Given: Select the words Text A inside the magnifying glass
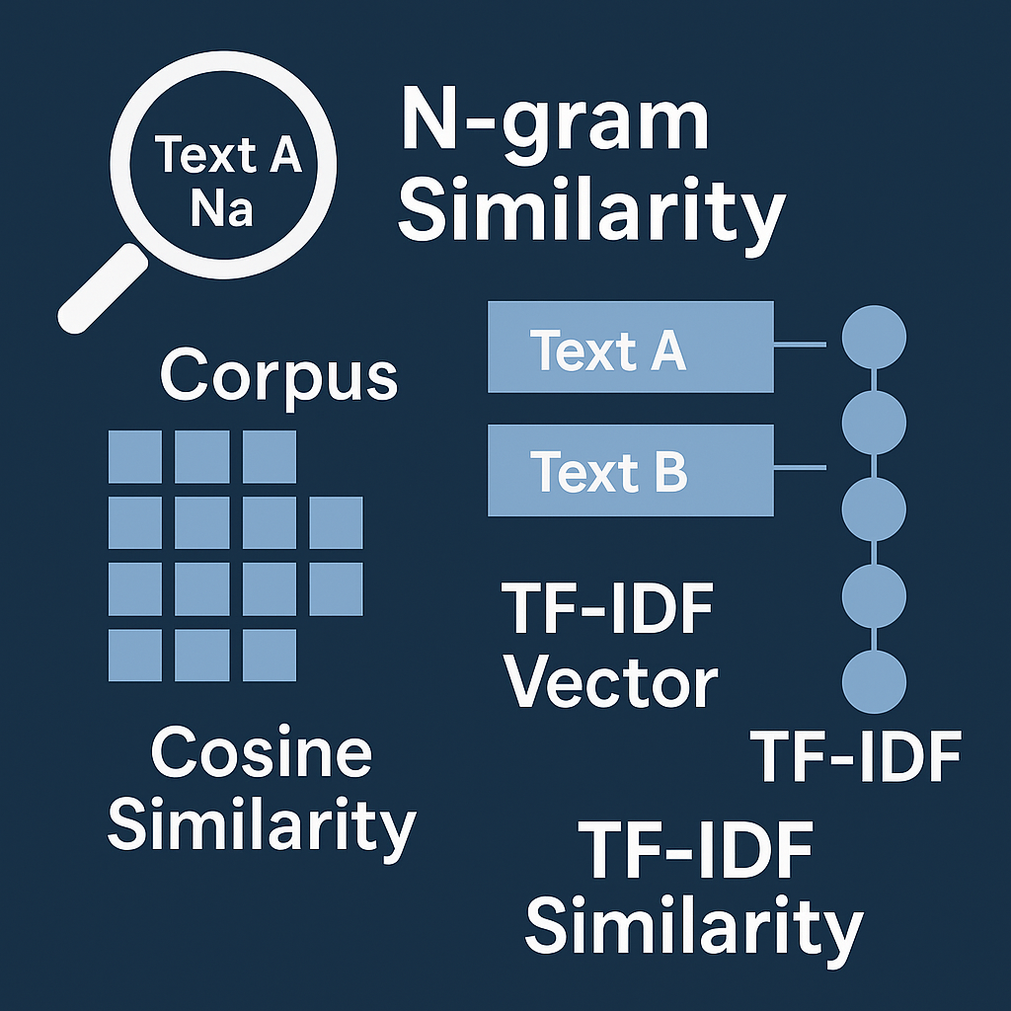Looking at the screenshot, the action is tap(228, 156).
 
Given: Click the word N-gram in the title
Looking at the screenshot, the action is tap(555, 121).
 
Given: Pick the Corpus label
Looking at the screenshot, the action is tap(278, 376).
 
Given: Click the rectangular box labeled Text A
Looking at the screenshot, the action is tap(630, 346).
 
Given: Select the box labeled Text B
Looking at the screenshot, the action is tap(630, 470).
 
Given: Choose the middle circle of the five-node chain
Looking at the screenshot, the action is tap(874, 509).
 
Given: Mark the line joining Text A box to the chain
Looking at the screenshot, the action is tap(799, 345).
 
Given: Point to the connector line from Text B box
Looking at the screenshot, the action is tap(799, 467).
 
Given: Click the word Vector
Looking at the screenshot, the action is tap(612, 681).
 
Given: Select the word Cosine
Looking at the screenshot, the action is tap(262, 754).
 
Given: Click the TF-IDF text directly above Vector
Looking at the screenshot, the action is tap(607, 610).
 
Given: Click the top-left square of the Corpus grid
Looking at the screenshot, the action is tap(135, 456).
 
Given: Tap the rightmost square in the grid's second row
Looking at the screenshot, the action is tap(336, 522).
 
